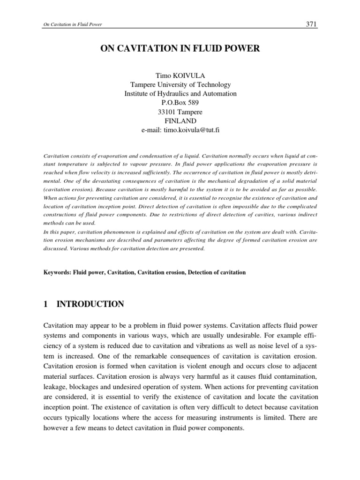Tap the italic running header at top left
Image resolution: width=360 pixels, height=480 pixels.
[x=67, y=25]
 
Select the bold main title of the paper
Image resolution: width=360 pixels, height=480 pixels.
[x=180, y=49]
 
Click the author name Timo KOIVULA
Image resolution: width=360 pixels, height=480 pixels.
[x=180, y=75]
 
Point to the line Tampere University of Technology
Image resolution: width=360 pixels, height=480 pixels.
[x=180, y=85]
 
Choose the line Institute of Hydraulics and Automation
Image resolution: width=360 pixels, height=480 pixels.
[x=180, y=94]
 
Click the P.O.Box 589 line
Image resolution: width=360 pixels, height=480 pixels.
[x=180, y=103]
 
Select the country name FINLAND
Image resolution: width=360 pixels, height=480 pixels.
[x=180, y=121]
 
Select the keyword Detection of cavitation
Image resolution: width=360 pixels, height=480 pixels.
[x=217, y=272]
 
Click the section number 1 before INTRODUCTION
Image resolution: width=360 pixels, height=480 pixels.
[x=45, y=304]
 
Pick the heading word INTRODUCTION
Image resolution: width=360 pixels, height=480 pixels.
[x=90, y=304]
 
